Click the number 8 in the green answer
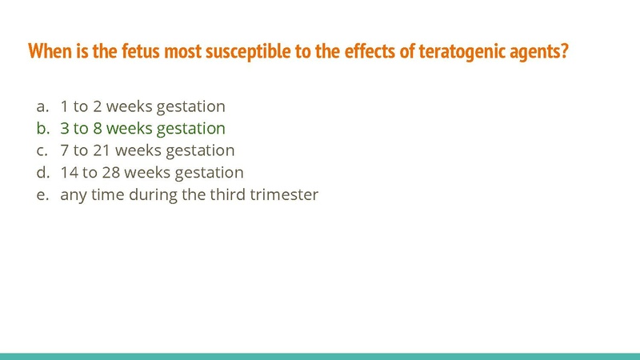98,128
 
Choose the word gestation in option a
192,106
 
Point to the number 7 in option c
65,150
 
